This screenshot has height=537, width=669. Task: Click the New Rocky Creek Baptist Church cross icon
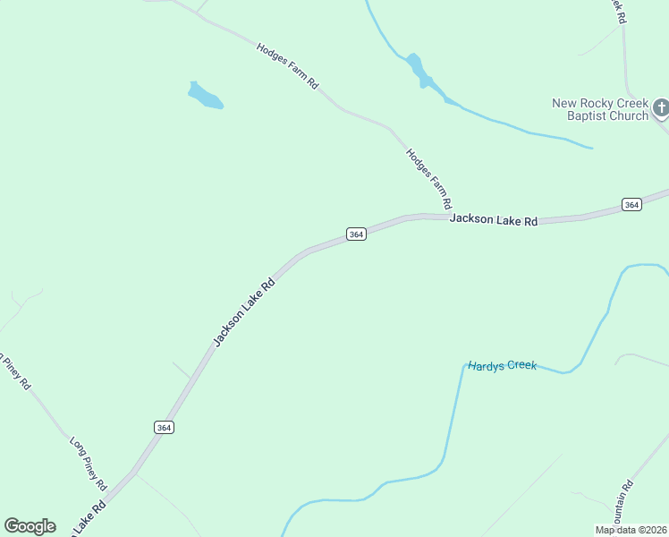click(661, 109)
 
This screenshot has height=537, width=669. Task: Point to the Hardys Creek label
click(502, 365)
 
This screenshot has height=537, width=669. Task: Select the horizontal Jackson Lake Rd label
click(493, 218)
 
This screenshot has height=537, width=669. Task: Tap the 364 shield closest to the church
click(631, 205)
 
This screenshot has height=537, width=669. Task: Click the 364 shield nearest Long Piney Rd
click(163, 427)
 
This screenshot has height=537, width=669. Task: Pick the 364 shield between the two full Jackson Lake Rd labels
click(356, 234)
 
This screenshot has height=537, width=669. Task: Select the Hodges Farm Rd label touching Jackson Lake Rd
click(429, 178)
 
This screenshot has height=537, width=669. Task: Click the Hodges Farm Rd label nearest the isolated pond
click(287, 65)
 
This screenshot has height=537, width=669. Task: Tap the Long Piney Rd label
click(89, 462)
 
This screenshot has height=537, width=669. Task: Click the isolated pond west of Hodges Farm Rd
click(205, 95)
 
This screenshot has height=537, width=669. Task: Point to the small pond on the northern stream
click(416, 69)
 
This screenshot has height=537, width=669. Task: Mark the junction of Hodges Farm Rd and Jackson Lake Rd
click(448, 216)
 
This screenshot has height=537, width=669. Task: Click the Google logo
click(30, 526)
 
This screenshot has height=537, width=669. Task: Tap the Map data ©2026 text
click(631, 530)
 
